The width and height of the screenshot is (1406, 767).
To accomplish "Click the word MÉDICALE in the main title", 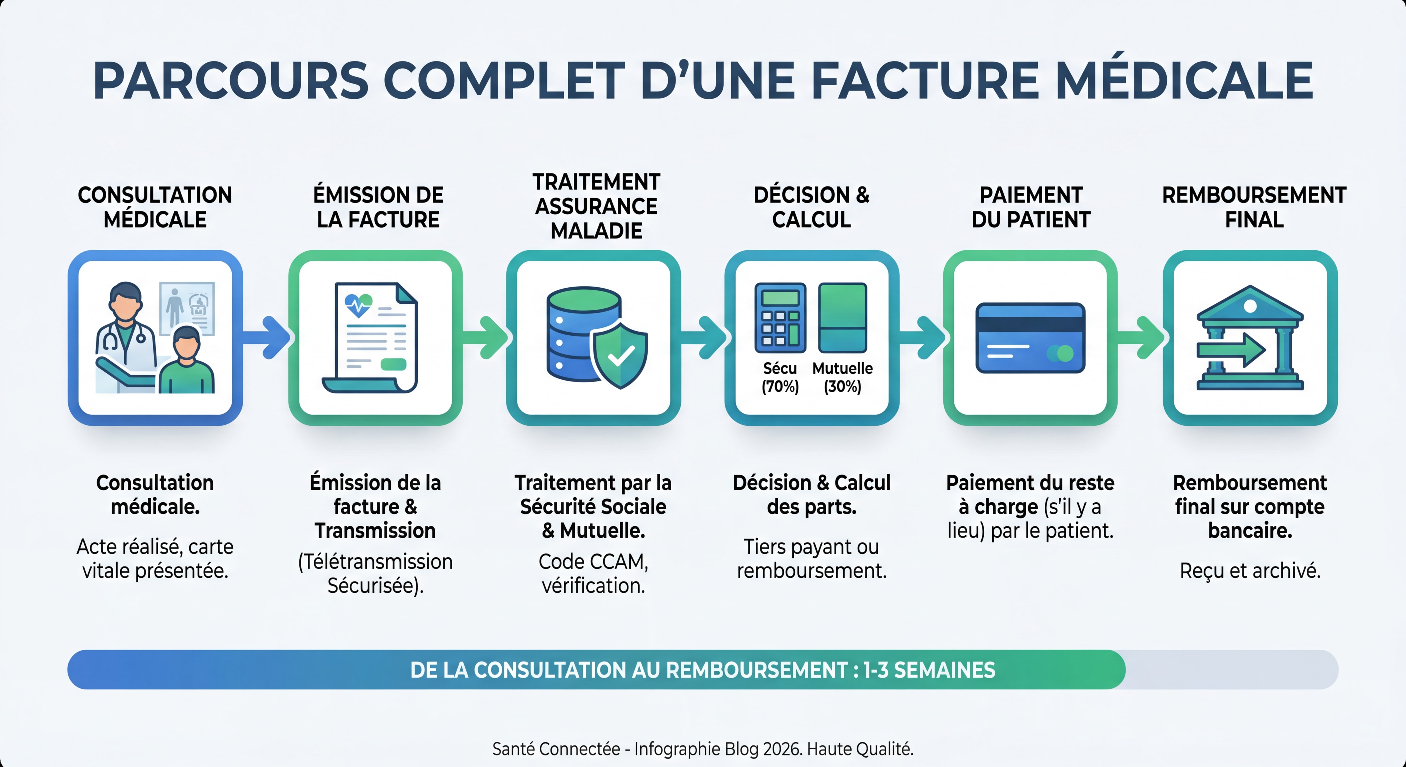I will (1184, 81).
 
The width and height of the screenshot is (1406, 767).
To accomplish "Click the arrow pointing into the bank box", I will (1142, 337).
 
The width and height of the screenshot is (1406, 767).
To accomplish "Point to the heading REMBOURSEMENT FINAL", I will (1254, 207).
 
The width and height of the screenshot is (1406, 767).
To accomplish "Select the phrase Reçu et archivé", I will (1250, 571).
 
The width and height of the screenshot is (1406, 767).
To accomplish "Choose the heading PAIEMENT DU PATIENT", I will (1031, 207).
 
